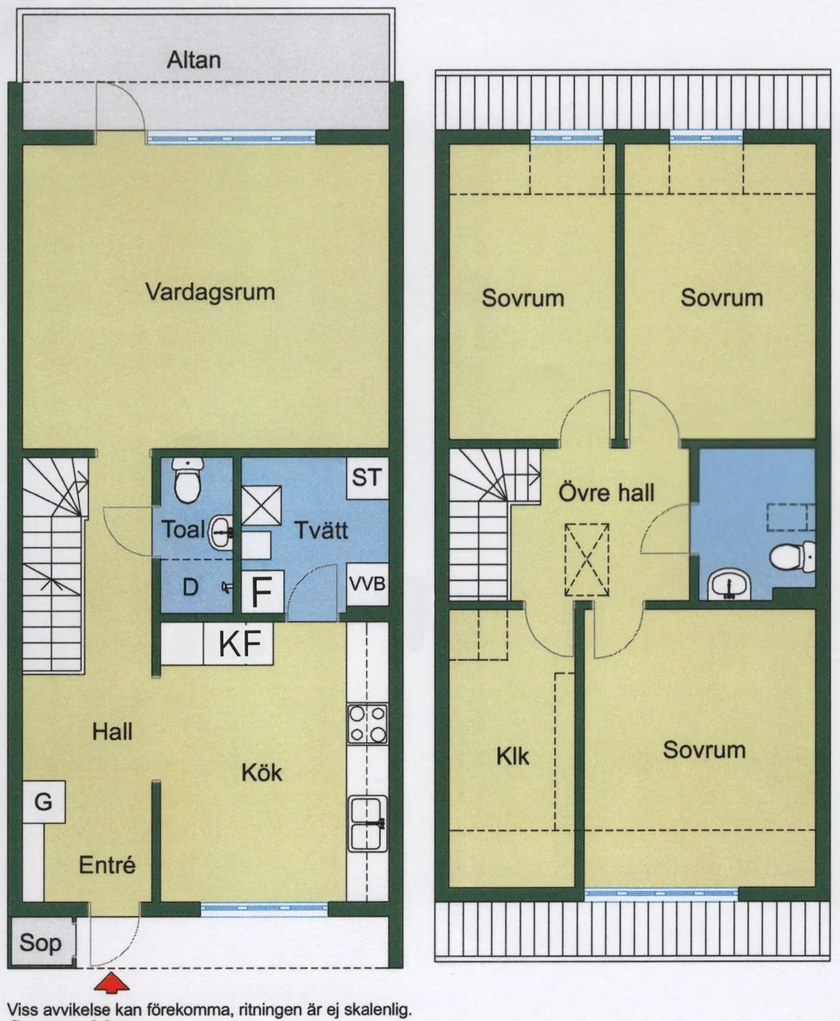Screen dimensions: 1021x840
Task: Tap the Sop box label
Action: click(x=40, y=943)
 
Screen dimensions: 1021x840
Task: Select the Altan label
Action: click(x=194, y=60)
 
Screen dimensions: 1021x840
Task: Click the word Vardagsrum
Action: click(x=210, y=291)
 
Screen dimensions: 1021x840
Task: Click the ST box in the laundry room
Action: click(x=367, y=477)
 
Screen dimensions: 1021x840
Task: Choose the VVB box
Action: click(x=367, y=583)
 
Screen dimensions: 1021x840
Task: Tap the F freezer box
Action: click(x=262, y=592)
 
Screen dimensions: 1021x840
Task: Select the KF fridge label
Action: click(x=240, y=644)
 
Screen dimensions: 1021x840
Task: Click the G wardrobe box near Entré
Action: click(x=43, y=801)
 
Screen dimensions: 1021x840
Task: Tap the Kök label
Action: click(x=262, y=773)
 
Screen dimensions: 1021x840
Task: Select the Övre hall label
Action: click(x=606, y=492)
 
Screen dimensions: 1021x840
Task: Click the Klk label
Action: click(x=512, y=756)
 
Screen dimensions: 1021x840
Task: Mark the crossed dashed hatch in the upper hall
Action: click(x=587, y=560)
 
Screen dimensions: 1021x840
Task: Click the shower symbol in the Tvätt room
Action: click(x=262, y=505)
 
